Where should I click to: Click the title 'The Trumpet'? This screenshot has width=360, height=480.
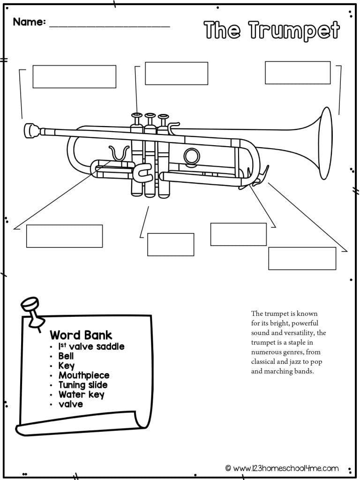(x=271, y=30)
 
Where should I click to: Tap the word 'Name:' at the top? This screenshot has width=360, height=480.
(x=30, y=22)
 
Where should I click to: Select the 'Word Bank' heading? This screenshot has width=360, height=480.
(x=81, y=335)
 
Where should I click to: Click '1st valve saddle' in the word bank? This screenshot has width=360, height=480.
(x=91, y=346)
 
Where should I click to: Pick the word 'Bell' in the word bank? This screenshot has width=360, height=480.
(x=66, y=356)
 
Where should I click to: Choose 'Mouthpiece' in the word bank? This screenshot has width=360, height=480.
(x=84, y=375)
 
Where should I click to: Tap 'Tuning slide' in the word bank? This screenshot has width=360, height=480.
(x=83, y=385)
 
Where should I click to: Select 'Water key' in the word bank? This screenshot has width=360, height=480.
(x=82, y=394)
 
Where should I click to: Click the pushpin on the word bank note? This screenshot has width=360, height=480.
(x=30, y=309)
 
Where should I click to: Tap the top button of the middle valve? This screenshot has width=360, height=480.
(x=150, y=115)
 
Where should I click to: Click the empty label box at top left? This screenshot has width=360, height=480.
(x=74, y=76)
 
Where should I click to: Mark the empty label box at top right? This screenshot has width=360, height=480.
(x=298, y=72)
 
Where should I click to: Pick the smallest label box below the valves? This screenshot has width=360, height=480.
(x=171, y=244)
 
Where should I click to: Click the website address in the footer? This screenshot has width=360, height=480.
(x=285, y=468)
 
